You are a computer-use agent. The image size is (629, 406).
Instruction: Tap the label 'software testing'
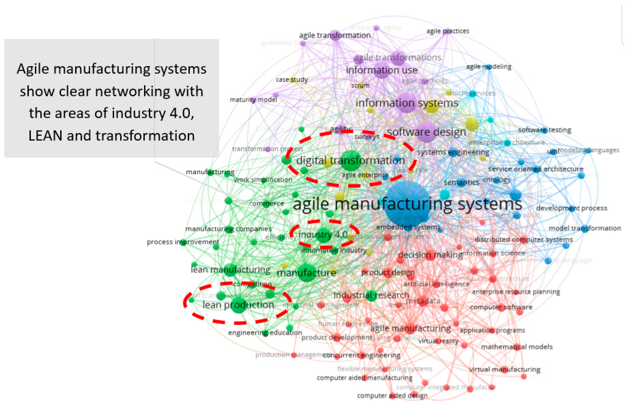(544, 130)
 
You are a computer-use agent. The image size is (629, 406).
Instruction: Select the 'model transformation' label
(585, 228)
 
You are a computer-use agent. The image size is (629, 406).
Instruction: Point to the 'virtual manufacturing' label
(504, 369)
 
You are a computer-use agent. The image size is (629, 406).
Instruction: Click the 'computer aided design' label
(392, 396)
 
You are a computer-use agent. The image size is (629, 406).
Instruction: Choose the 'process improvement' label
(183, 242)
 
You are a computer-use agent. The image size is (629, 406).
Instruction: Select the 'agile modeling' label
(489, 67)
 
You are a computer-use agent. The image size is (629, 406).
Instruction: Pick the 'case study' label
(292, 80)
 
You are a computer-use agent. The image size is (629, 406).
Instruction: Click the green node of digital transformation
(351, 161)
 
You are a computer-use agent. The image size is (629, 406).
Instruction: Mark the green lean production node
(238, 305)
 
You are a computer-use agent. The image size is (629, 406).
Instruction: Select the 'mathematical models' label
(517, 347)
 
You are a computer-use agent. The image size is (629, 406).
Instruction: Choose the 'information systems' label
(407, 103)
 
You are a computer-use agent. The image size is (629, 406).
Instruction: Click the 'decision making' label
(430, 255)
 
